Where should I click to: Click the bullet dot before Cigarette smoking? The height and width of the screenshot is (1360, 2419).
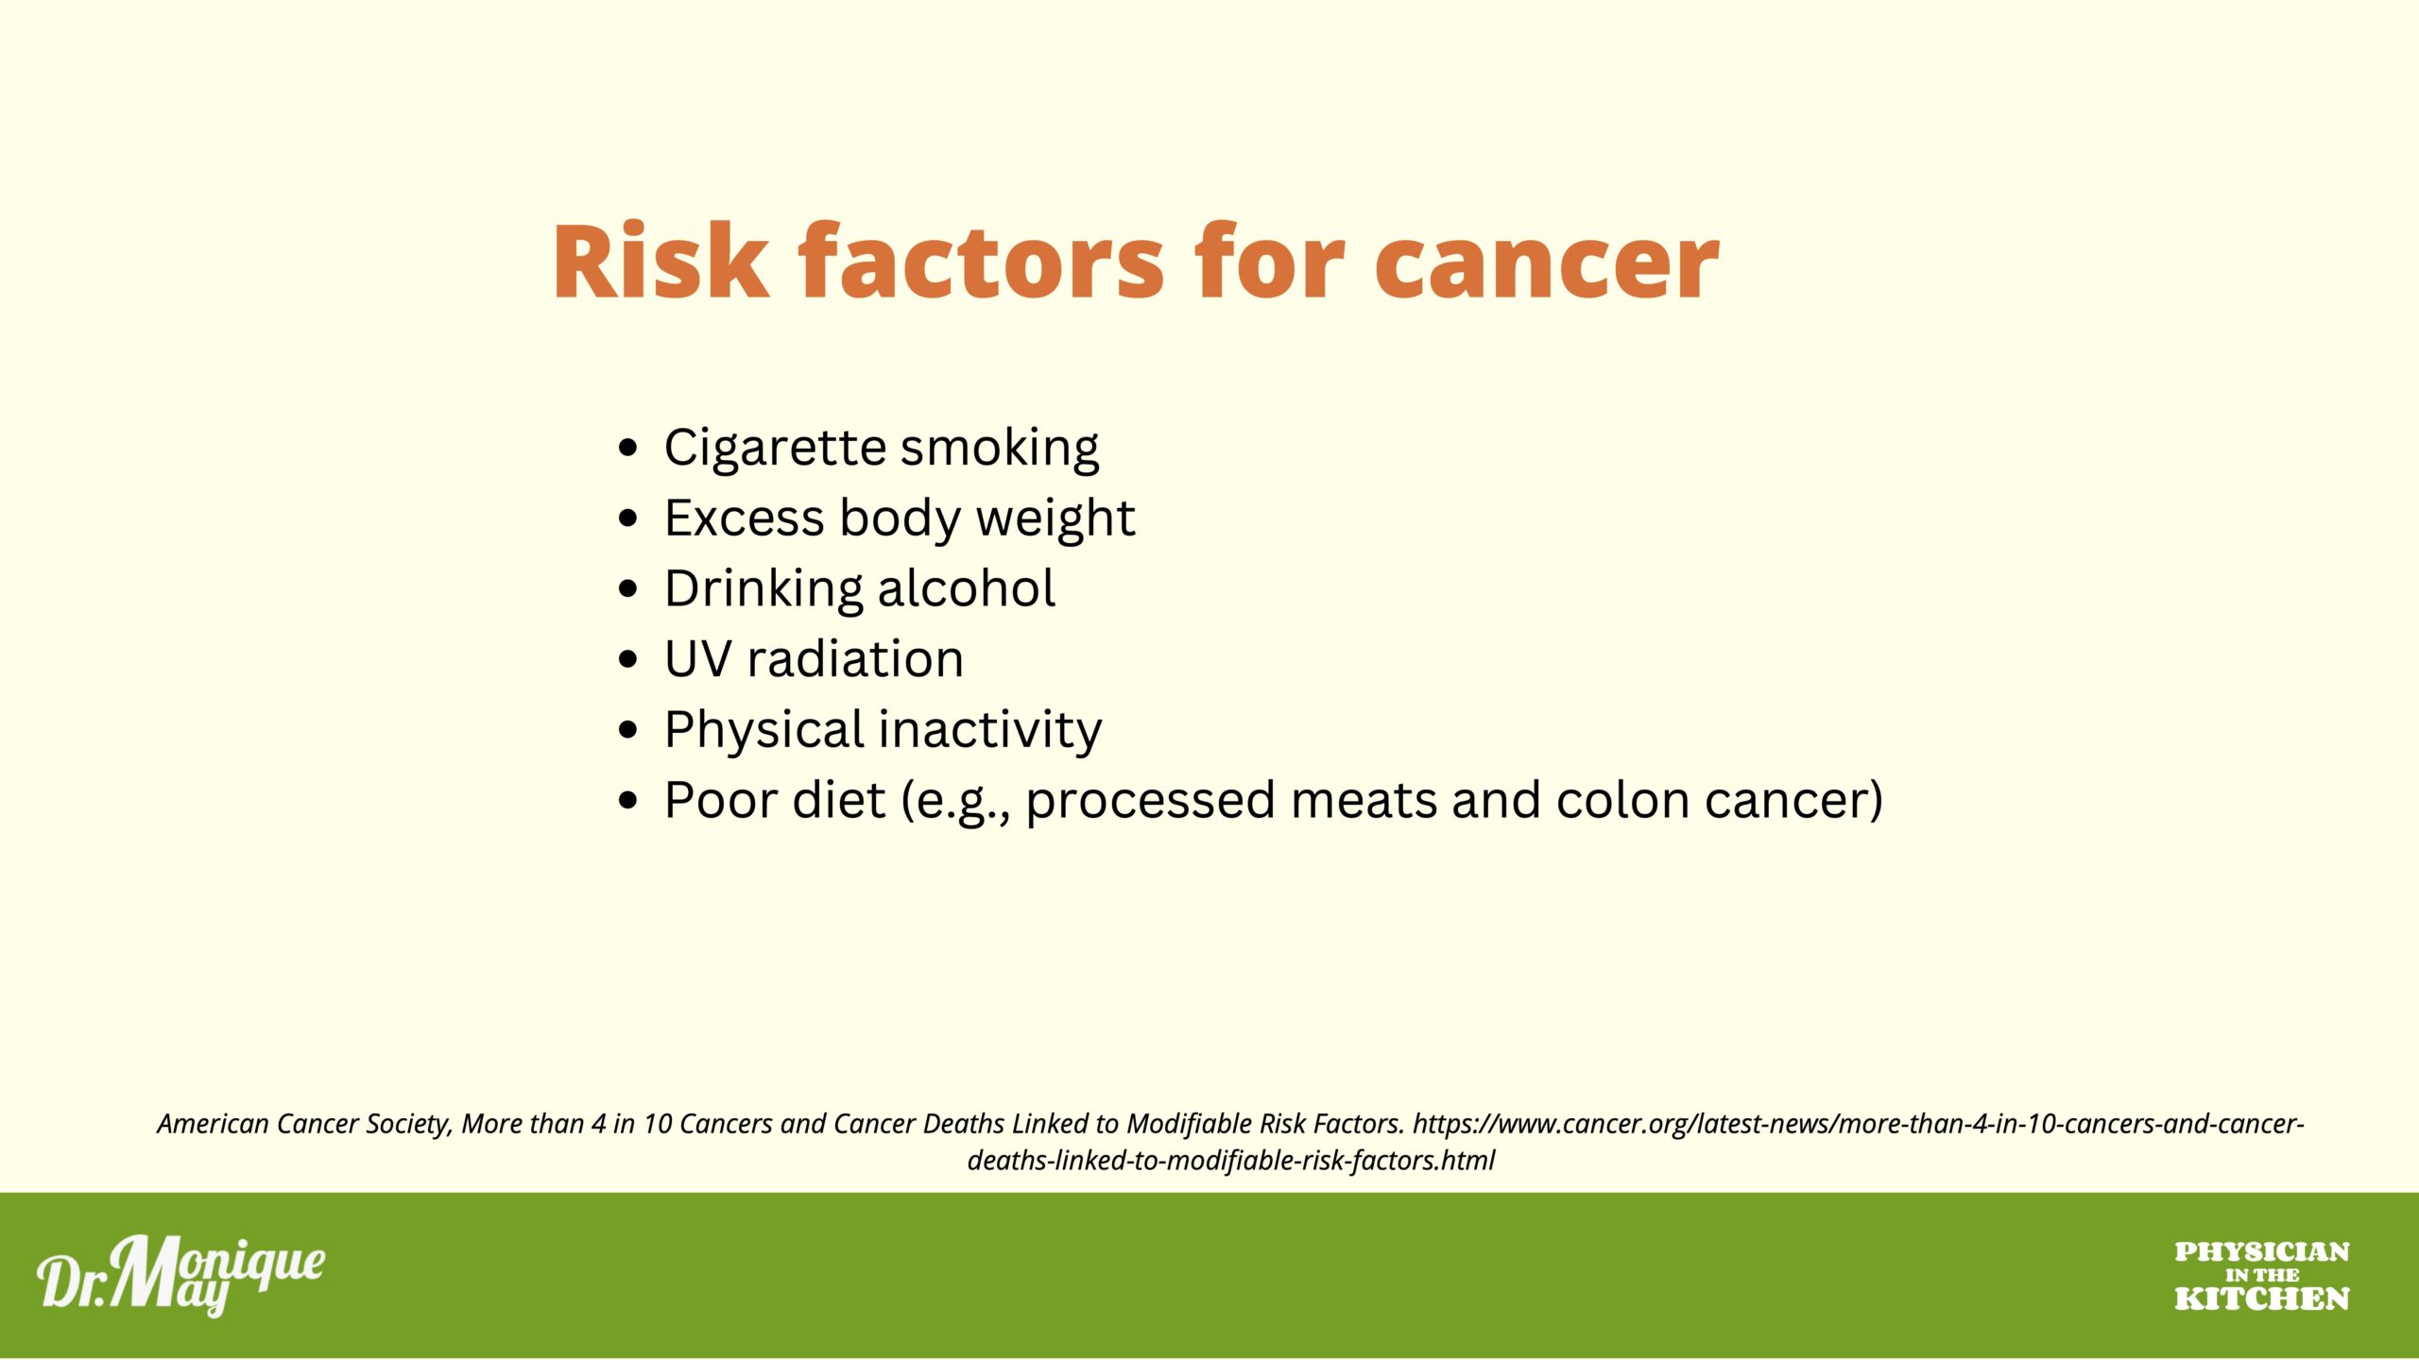click(x=628, y=448)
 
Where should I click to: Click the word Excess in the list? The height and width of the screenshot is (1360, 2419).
click(x=745, y=518)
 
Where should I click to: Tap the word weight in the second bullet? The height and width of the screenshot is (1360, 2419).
click(x=1055, y=518)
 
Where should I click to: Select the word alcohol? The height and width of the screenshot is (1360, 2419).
click(x=966, y=587)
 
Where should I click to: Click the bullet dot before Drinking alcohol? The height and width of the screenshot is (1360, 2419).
click(x=628, y=588)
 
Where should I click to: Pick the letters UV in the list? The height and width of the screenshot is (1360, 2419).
click(x=698, y=659)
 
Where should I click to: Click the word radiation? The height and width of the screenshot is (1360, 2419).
click(x=855, y=658)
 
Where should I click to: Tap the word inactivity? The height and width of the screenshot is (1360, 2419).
click(x=990, y=729)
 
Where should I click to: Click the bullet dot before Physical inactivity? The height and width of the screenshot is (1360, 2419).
click(x=628, y=730)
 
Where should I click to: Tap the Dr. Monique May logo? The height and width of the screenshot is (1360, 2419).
click(x=180, y=1275)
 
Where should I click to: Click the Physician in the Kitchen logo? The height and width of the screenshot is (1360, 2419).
click(x=2261, y=1276)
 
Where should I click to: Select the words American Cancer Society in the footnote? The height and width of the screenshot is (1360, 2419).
click(x=304, y=1124)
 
